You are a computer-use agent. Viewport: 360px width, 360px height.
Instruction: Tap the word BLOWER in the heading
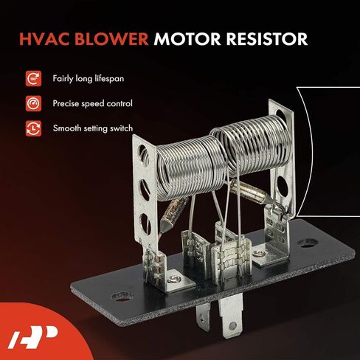pos(111,39)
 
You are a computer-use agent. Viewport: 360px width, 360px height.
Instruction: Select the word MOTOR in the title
pos(187,39)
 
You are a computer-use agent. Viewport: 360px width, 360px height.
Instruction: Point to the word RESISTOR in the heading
pos(267,39)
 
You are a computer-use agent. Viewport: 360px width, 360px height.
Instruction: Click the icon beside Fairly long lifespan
pos(33,79)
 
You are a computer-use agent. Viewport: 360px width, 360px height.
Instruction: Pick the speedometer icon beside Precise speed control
pos(33,103)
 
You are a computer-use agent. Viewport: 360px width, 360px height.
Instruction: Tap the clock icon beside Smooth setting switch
pos(33,128)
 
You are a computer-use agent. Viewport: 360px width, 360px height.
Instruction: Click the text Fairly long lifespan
pos(89,79)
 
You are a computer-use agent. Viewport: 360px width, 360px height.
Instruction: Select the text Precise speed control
pos(93,103)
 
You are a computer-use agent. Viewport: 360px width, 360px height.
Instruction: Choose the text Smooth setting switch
pos(93,128)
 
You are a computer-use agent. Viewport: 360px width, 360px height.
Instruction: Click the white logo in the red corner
pos(32,337)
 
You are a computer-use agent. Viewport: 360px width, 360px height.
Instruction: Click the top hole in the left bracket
pos(143,153)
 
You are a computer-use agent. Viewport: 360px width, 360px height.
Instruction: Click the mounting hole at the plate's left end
pos(122,297)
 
